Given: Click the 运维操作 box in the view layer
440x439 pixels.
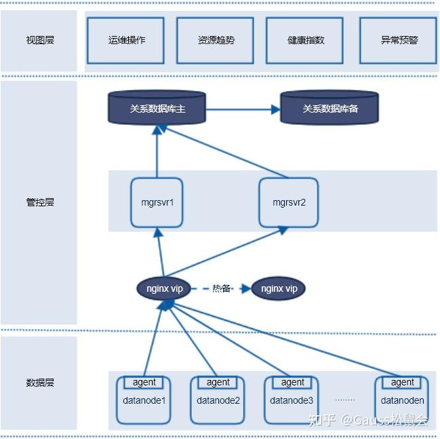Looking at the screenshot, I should (x=126, y=40).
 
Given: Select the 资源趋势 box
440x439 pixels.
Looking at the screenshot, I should (x=216, y=40).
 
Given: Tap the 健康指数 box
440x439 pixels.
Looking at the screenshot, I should (x=305, y=40).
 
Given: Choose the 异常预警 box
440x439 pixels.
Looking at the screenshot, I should (x=398, y=40).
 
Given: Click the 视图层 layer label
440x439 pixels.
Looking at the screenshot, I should (x=39, y=40).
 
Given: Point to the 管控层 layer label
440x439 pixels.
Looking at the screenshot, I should (x=39, y=202).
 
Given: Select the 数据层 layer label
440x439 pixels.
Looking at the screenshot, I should (x=39, y=383).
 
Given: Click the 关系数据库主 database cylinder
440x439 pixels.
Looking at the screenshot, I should (x=157, y=109).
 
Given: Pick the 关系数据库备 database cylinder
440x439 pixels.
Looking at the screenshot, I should (x=329, y=109).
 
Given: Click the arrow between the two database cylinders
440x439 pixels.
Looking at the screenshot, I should (x=243, y=109).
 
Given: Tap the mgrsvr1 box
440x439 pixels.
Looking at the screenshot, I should (x=157, y=202).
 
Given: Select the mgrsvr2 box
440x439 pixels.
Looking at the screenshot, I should (x=289, y=202).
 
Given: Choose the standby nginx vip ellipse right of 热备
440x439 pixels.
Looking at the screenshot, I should (x=278, y=288).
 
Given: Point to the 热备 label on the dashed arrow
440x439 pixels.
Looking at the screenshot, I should (x=221, y=288).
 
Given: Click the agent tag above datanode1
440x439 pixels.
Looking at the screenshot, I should (x=144, y=382).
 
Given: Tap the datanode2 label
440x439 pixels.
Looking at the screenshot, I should (x=218, y=400).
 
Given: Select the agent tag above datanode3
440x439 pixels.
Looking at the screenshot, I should (x=292, y=382).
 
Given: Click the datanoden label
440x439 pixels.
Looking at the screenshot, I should (x=402, y=400).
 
